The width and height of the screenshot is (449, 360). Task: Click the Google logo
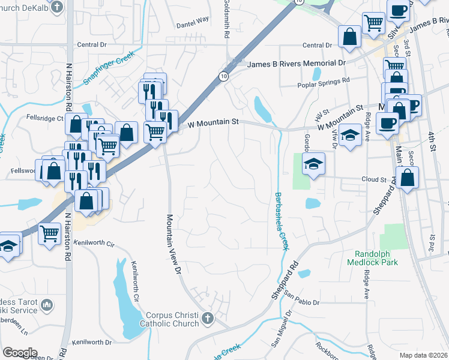click(x=20, y=353)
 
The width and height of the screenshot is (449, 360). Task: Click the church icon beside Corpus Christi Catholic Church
click(x=208, y=318)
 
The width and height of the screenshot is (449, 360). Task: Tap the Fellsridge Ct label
click(x=44, y=119)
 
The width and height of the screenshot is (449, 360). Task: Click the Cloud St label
click(x=373, y=179)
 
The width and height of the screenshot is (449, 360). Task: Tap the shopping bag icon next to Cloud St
click(x=407, y=178)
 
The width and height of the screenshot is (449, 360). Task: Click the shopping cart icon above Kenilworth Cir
click(x=50, y=233)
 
